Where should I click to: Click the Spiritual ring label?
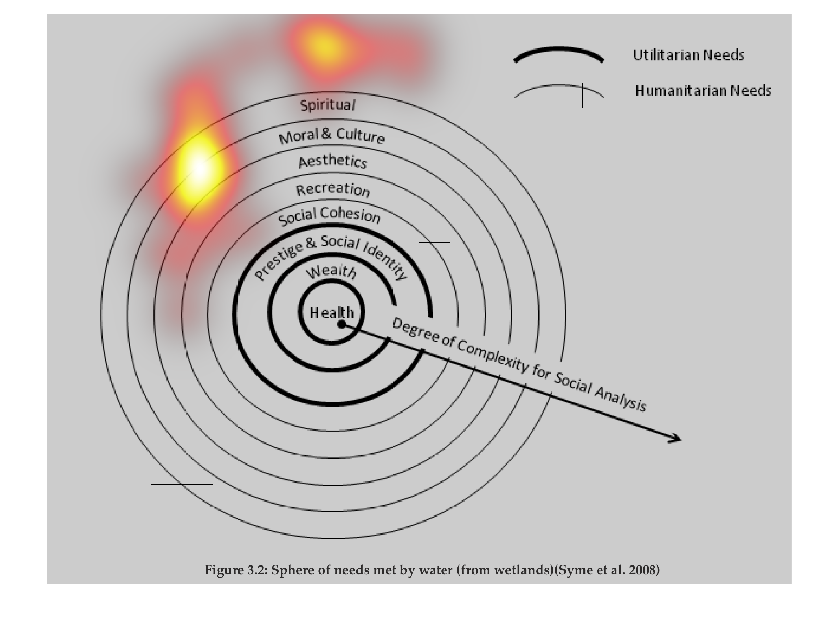[x=328, y=105]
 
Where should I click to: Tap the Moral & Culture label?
[x=331, y=136]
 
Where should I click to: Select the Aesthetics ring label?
[x=332, y=161]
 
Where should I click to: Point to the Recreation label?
[x=333, y=189]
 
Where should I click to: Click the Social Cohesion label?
[x=329, y=216]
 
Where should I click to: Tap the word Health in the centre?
[x=332, y=313]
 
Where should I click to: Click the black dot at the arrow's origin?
[x=342, y=324]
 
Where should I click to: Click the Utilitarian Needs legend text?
[x=688, y=55]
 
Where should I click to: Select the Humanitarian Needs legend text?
[x=703, y=90]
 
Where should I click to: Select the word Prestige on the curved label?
[x=278, y=261]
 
